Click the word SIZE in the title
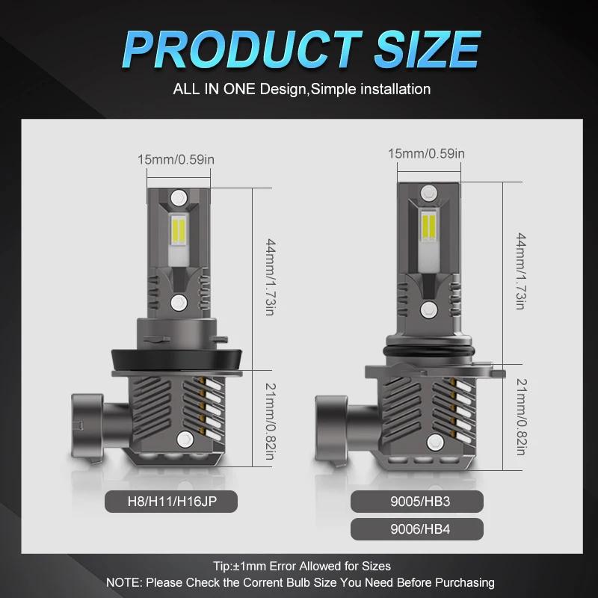[427, 49]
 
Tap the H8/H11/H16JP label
[172, 501]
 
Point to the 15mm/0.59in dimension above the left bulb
[176, 159]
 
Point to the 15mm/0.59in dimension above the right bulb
[426, 153]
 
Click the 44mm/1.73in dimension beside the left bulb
[271, 277]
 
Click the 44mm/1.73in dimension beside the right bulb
[521, 271]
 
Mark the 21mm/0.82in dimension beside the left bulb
[271, 422]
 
